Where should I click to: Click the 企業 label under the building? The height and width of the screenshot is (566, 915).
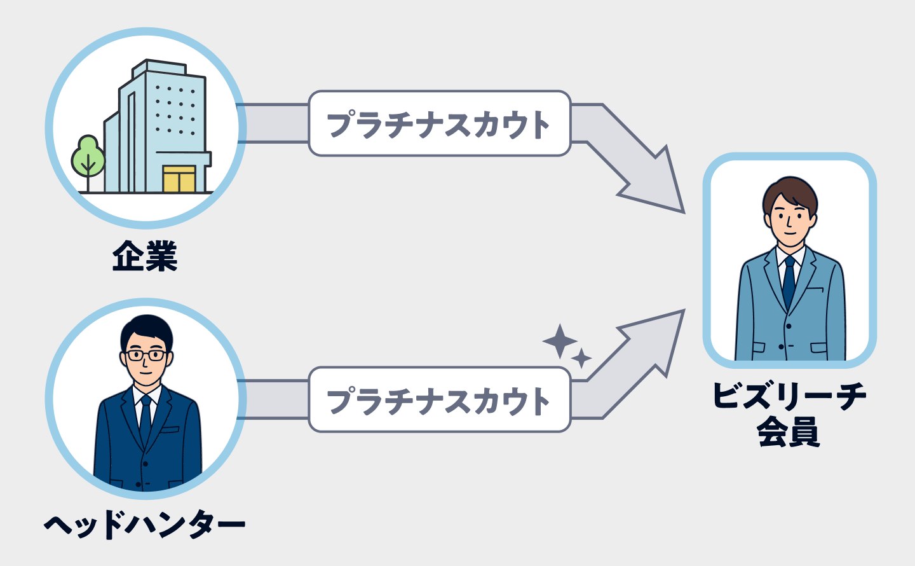click(145, 256)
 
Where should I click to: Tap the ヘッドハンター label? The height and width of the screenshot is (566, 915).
click(145, 525)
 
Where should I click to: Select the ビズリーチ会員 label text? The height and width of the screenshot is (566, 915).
click(789, 413)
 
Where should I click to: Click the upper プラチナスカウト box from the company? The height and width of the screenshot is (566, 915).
click(439, 123)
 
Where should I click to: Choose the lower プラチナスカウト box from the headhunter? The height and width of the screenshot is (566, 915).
click(439, 400)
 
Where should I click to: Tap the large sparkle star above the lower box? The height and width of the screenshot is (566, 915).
click(559, 342)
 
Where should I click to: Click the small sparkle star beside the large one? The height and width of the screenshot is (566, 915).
click(581, 358)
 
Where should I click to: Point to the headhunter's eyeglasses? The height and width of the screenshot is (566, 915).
click(147, 355)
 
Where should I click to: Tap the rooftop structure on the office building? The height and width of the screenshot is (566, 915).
click(159, 67)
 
